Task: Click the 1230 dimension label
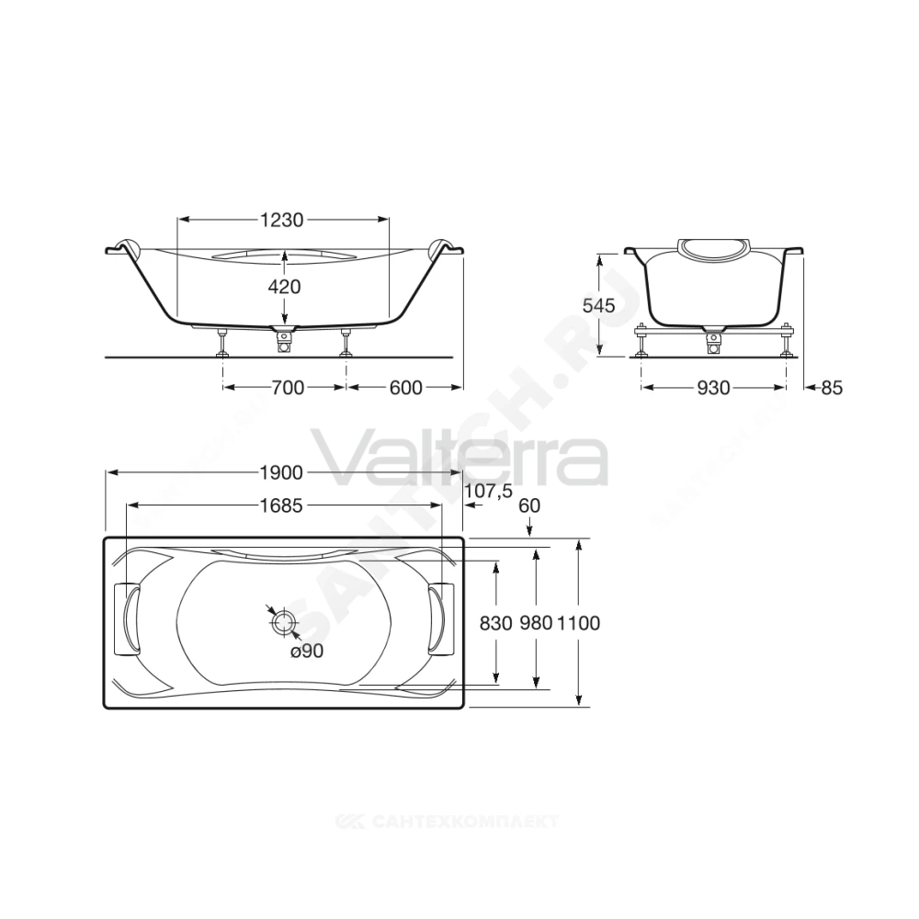282,220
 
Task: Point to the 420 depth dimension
284,287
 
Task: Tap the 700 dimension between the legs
288,388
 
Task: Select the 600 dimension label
405,388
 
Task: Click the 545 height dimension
599,305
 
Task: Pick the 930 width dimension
713,388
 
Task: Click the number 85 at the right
831,388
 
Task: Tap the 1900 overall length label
281,473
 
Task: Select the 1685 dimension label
281,505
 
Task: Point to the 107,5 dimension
488,491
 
